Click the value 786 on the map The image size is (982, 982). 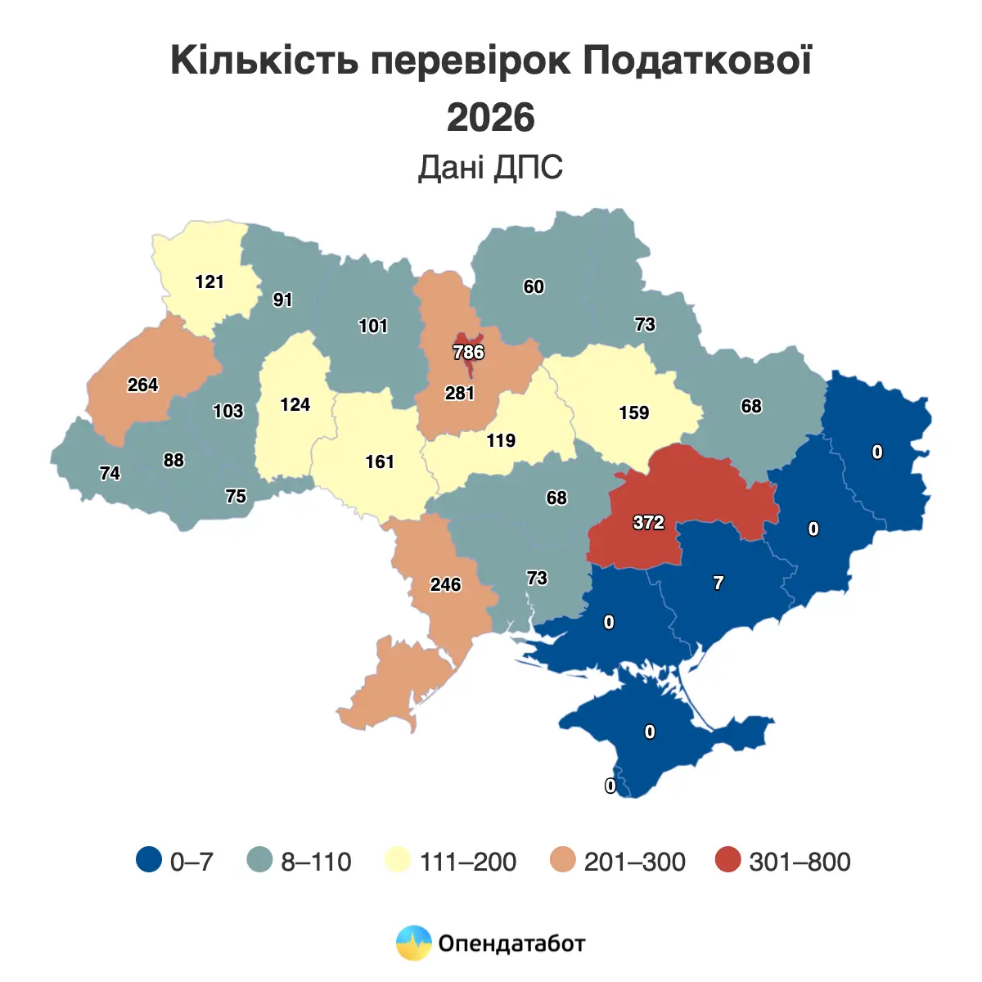tap(469, 353)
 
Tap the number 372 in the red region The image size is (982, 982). tap(648, 522)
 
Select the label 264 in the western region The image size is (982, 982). tap(142, 385)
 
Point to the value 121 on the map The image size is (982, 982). tap(209, 282)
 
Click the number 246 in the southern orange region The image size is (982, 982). tap(446, 584)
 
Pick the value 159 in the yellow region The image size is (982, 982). tap(633, 412)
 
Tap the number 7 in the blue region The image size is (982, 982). tap(718, 583)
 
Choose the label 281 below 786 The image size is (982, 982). tap(460, 394)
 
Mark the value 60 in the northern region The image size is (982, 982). tap(534, 286)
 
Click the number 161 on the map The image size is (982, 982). tap(380, 462)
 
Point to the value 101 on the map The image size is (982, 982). tap(373, 326)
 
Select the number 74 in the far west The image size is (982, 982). tap(110, 473)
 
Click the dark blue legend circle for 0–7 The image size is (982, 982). tap(149, 860)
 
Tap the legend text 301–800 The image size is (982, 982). tap(800, 862)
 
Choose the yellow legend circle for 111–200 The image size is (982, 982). tap(398, 860)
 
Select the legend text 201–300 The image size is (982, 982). tap(634, 862)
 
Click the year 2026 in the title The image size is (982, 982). tap(491, 117)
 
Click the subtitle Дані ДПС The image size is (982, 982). tap(491, 167)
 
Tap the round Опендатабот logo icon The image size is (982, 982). tap(413, 943)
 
